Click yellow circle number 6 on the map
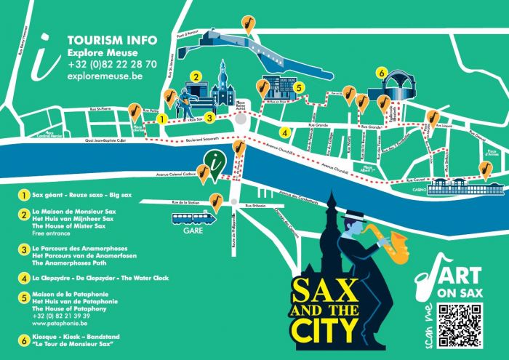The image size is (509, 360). pos(381,73)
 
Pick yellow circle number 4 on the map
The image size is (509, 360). pos(286,133)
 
